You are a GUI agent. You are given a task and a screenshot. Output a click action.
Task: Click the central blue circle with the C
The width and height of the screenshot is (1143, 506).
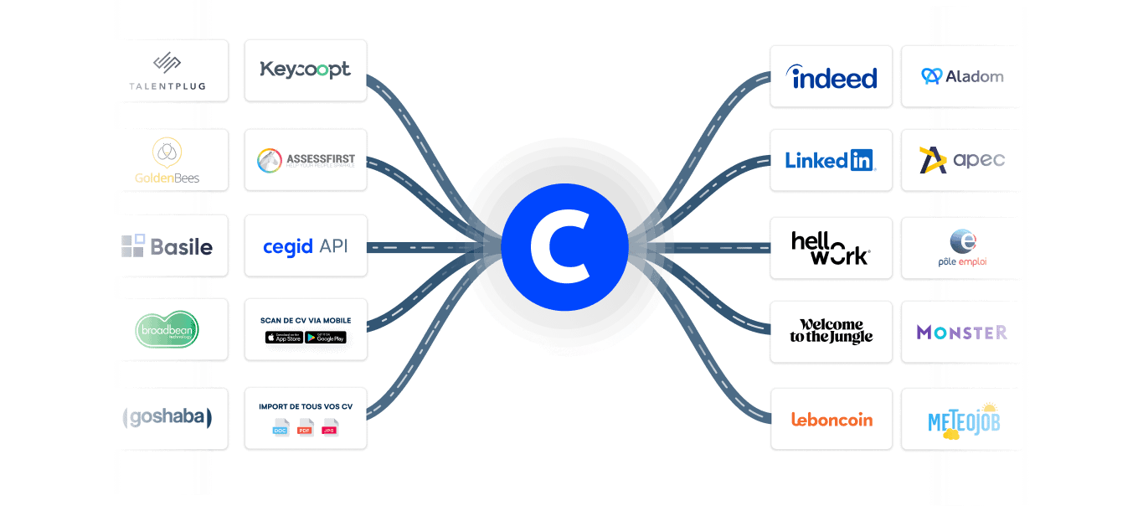tap(564, 246)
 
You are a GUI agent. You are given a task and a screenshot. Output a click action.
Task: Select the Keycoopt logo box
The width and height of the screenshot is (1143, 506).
tap(306, 70)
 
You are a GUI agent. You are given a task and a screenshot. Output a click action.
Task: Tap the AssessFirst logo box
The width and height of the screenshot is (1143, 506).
tap(306, 159)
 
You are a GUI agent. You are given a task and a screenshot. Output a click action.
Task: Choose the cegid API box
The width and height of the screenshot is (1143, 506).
tap(306, 246)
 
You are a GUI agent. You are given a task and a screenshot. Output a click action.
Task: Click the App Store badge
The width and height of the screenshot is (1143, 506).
tap(284, 338)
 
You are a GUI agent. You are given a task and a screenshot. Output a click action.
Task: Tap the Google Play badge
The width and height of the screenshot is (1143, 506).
tap(326, 338)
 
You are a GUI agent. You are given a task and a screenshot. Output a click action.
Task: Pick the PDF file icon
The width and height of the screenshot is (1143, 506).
tap(306, 427)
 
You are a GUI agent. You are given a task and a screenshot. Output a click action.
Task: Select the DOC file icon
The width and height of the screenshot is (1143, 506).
tap(281, 427)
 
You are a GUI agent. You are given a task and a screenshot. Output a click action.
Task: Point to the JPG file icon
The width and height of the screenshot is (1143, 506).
tap(331, 427)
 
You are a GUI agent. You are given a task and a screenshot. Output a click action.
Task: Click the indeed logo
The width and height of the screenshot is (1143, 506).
tap(832, 77)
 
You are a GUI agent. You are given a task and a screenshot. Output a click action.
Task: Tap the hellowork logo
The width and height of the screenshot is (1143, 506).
tap(831, 248)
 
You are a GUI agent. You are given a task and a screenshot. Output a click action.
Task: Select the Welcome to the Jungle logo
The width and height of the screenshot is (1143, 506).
tap(831, 332)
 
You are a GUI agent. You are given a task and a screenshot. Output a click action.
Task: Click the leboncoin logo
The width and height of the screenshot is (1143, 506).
tap(832, 419)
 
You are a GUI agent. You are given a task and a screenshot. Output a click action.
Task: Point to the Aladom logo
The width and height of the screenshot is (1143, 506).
tap(962, 76)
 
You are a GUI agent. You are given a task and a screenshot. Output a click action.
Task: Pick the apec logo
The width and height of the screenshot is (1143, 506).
tap(962, 159)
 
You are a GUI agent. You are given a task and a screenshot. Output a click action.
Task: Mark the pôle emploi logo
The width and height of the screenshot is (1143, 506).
tap(962, 248)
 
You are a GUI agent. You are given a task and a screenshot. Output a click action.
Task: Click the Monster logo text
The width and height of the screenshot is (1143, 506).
tap(962, 333)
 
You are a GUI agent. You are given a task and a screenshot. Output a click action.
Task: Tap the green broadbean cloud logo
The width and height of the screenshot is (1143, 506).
tap(167, 329)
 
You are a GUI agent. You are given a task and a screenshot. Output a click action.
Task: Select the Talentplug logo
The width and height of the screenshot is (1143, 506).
tap(167, 71)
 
